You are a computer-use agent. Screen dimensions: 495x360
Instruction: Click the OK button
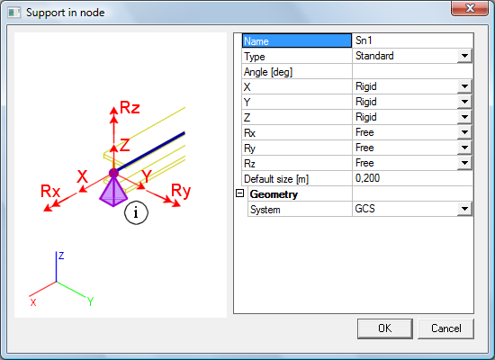[x=385, y=328]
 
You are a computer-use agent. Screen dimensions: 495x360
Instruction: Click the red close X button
[x=470, y=8]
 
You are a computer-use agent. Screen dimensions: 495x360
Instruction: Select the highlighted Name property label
[x=297, y=41]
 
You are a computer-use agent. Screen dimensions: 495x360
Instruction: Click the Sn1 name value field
[x=412, y=40]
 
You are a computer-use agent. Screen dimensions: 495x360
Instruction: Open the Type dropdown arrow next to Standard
[x=464, y=56]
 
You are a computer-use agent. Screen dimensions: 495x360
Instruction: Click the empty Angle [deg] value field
[x=412, y=71]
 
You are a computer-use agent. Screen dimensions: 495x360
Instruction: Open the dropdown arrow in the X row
[x=464, y=86]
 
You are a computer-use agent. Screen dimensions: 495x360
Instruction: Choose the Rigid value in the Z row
[x=366, y=117]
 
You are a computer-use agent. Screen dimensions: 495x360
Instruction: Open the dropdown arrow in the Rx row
[x=464, y=132]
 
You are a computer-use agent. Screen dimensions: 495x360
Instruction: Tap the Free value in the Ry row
[x=364, y=148]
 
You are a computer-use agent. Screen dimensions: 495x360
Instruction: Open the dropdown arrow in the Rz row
[x=464, y=163]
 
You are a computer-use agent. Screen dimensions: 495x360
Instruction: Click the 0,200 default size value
[x=367, y=178]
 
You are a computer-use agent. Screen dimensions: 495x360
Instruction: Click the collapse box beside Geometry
[x=240, y=193]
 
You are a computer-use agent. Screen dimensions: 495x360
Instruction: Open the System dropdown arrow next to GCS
[x=464, y=209]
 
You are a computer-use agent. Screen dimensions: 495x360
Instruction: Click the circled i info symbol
[x=136, y=212]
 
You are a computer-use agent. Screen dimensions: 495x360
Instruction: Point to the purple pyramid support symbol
[x=113, y=192]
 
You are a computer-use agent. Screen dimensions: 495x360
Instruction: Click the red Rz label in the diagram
[x=130, y=108]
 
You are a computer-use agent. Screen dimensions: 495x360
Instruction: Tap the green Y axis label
[x=90, y=301]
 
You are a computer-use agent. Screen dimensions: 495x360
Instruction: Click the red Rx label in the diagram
[x=50, y=191]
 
